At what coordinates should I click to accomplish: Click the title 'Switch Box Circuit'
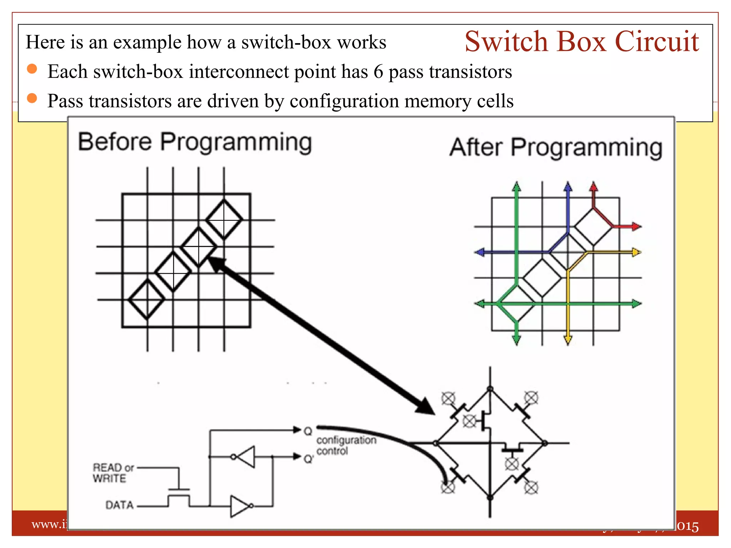[581, 42]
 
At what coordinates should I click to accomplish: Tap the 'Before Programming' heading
[195, 142]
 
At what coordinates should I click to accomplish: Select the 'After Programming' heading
[556, 147]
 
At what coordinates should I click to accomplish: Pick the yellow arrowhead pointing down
[568, 340]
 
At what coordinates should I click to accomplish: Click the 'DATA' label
[120, 505]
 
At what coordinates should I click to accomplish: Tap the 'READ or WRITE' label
[113, 473]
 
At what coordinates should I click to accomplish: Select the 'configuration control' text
[346, 445]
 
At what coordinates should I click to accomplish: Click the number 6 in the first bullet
[379, 72]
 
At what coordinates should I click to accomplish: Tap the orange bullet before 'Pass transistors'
[32, 98]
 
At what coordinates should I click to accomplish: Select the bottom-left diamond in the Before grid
[147, 299]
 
